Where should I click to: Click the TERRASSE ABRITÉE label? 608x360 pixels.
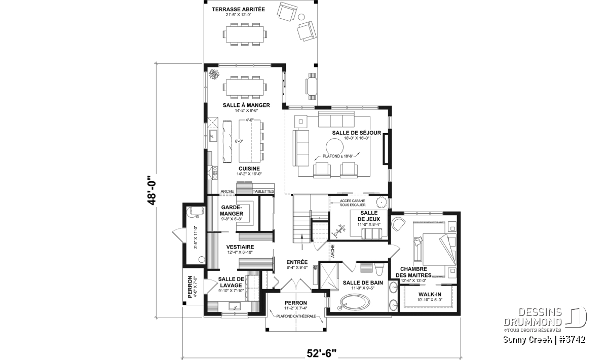[238, 10]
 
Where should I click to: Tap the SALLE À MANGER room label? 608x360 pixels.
[246, 105]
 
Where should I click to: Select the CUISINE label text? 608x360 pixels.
[249, 169]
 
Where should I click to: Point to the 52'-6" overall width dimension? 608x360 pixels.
[321, 353]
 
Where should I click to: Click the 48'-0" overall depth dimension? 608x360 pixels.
[151, 190]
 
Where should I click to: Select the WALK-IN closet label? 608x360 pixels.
[430, 294]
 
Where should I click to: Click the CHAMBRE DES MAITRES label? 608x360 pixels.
[413, 272]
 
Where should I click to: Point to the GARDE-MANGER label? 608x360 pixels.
[232, 211]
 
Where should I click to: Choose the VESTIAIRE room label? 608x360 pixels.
[240, 247]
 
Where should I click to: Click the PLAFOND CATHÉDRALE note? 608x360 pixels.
[296, 316]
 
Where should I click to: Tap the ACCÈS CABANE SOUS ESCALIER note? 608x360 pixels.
[353, 203]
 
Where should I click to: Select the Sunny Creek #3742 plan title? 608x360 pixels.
[544, 340]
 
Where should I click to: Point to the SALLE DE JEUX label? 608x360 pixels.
[369, 216]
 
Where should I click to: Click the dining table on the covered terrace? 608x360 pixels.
[245, 34]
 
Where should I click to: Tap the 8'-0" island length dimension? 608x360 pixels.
[239, 141]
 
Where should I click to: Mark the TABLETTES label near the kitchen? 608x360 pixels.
[263, 191]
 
